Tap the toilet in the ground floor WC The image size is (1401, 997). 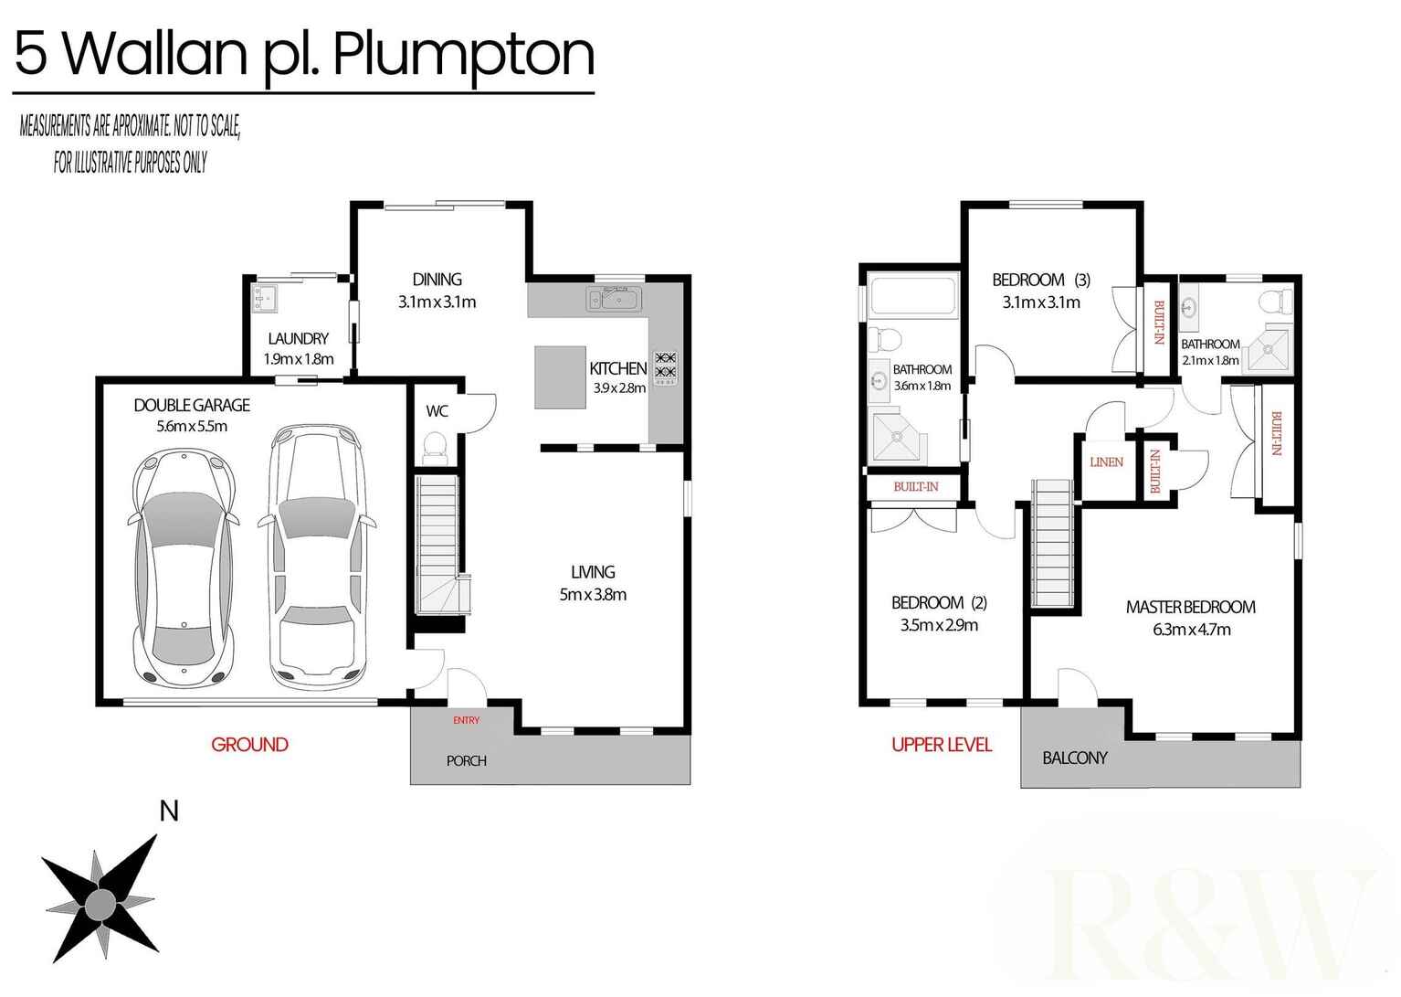point(435,448)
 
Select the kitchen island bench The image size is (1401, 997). point(560,377)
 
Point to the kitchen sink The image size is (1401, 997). point(615,298)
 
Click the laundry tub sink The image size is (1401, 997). point(264,297)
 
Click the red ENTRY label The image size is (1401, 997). point(466,720)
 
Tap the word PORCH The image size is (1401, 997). point(466,760)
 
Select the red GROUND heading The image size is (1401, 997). point(249,745)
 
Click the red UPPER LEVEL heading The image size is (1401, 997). point(941,745)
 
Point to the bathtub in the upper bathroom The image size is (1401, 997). point(912,296)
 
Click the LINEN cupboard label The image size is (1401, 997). point(1106,462)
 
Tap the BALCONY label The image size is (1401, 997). point(1074,758)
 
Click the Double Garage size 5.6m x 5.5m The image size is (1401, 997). point(192,426)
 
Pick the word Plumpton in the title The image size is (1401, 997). point(463,55)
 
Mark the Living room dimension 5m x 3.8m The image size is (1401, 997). point(593,595)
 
